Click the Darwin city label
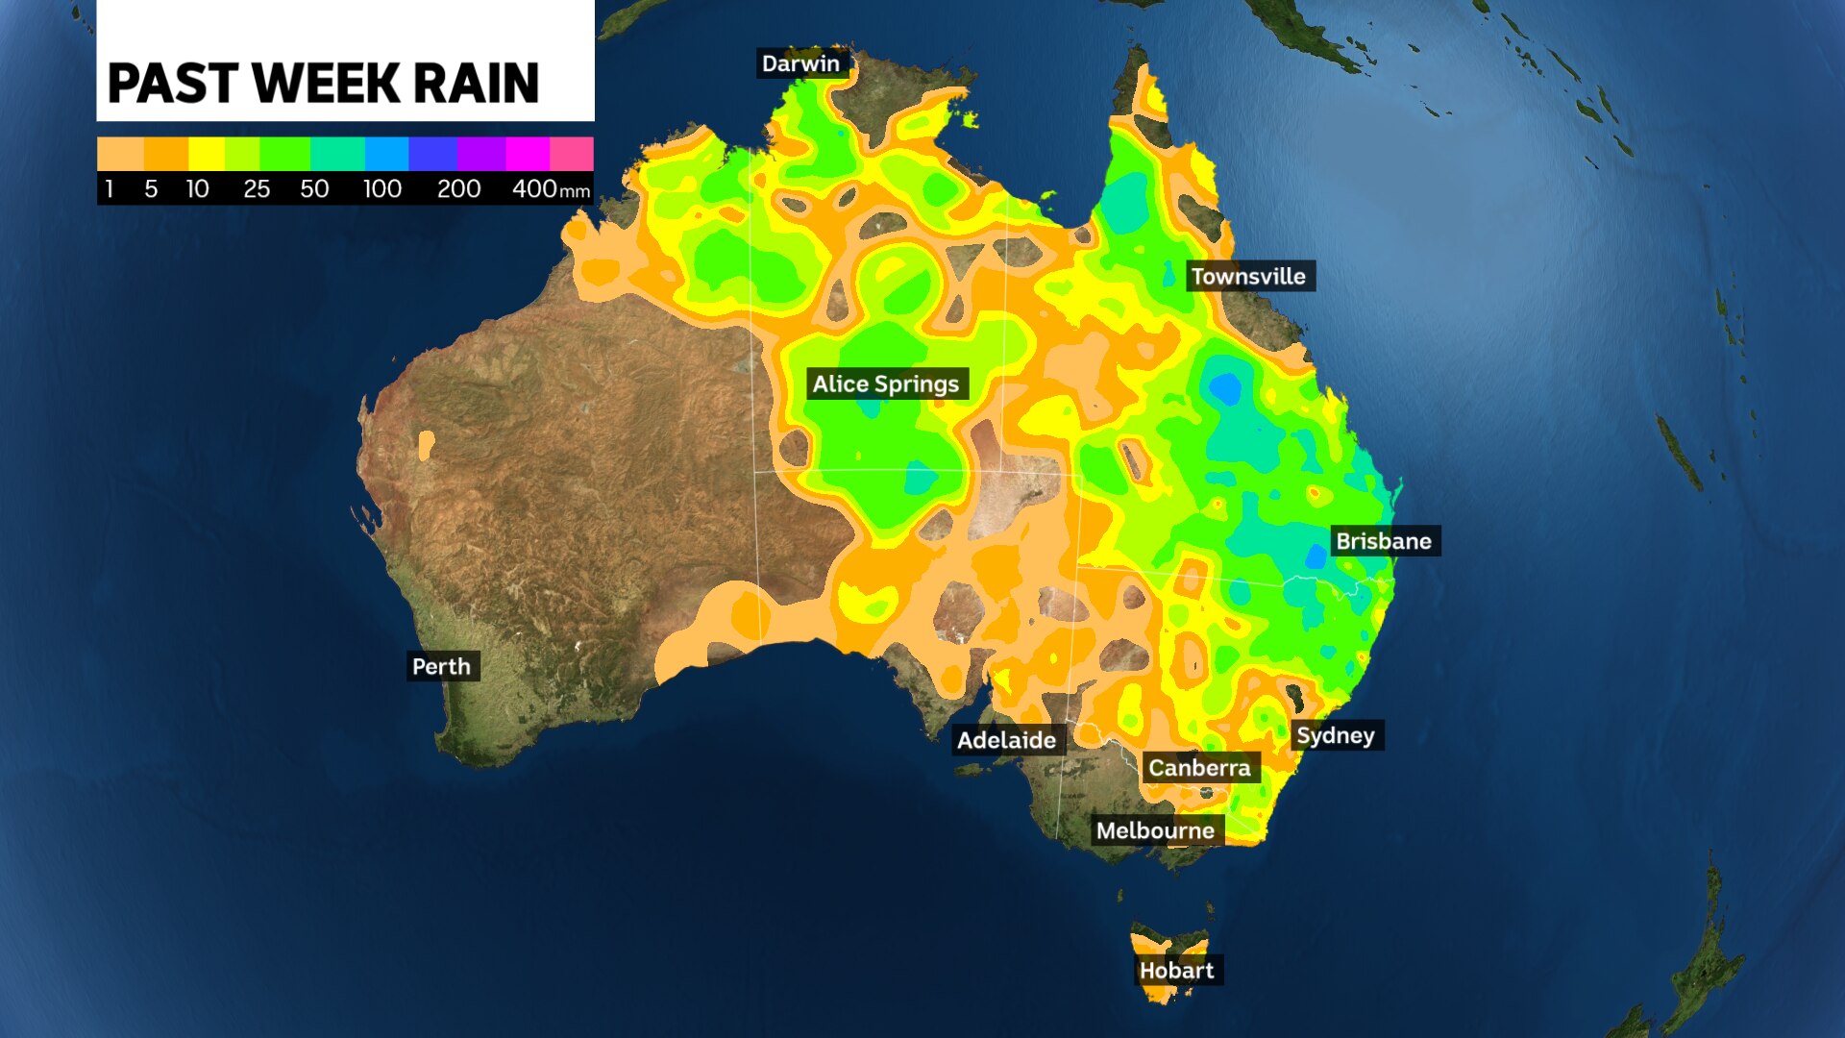pyautogui.click(x=800, y=63)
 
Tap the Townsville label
pyautogui.click(x=1248, y=277)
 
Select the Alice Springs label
pyautogui.click(x=885, y=384)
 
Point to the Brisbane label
pyautogui.click(x=1383, y=541)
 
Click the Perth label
pyautogui.click(x=441, y=667)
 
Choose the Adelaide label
pyautogui.click(x=1006, y=740)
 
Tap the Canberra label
pyautogui.click(x=1199, y=768)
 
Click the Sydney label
pyautogui.click(x=1335, y=735)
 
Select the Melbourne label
pyautogui.click(x=1155, y=830)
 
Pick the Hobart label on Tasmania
pyautogui.click(x=1176, y=971)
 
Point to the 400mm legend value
pyautogui.click(x=550, y=189)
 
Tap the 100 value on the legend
pyautogui.click(x=381, y=189)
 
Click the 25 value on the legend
pyautogui.click(x=256, y=189)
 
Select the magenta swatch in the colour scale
pyautogui.click(x=527, y=154)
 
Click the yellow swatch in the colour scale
pyautogui.click(x=206, y=154)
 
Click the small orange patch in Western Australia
pyautogui.click(x=426, y=445)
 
